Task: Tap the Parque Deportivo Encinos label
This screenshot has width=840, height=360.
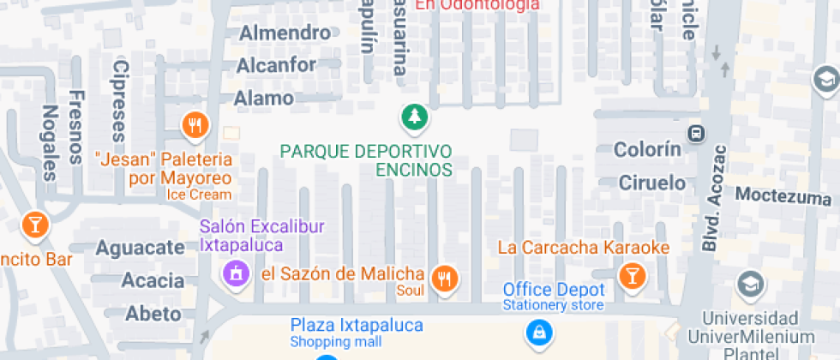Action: pyautogui.click(x=366, y=159)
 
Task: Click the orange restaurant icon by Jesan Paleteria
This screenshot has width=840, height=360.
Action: pyautogui.click(x=196, y=127)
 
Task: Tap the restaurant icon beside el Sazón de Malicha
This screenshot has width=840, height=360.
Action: pyautogui.click(x=445, y=277)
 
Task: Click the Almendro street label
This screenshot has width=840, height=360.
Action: pyautogui.click(x=285, y=33)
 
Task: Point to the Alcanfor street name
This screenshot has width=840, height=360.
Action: pyautogui.click(x=276, y=65)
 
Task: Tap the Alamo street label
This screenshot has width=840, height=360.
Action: pyautogui.click(x=264, y=98)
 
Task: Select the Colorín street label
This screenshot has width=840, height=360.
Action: pyautogui.click(x=647, y=149)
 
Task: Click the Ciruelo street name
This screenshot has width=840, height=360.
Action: pyautogui.click(x=652, y=182)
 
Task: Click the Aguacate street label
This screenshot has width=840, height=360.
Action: pyautogui.click(x=140, y=248)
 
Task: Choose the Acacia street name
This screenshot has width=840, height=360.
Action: pyautogui.click(x=153, y=280)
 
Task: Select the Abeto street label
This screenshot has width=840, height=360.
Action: pyautogui.click(x=153, y=313)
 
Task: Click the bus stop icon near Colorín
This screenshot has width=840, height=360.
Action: pyautogui.click(x=696, y=134)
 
